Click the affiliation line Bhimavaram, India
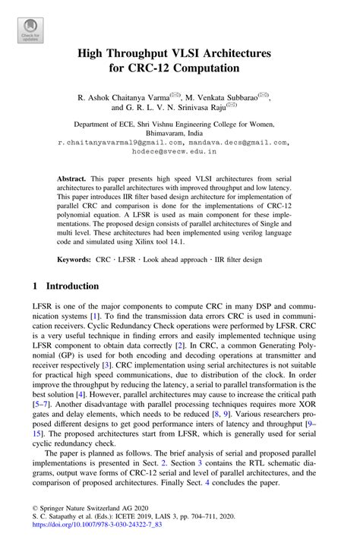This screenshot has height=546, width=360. pos(179,131)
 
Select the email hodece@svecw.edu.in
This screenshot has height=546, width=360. pos(179,151)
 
